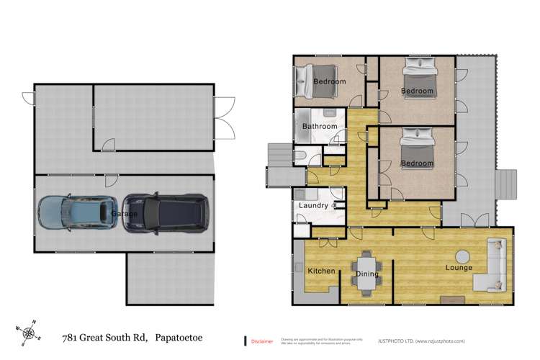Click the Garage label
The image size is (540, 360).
point(125,214)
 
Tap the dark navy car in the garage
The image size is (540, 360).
point(164,214)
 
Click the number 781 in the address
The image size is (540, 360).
point(71,337)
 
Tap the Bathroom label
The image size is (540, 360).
point(319,127)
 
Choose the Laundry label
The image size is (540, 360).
point(313,206)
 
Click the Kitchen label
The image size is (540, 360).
point(320,271)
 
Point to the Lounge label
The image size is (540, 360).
point(459,268)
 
